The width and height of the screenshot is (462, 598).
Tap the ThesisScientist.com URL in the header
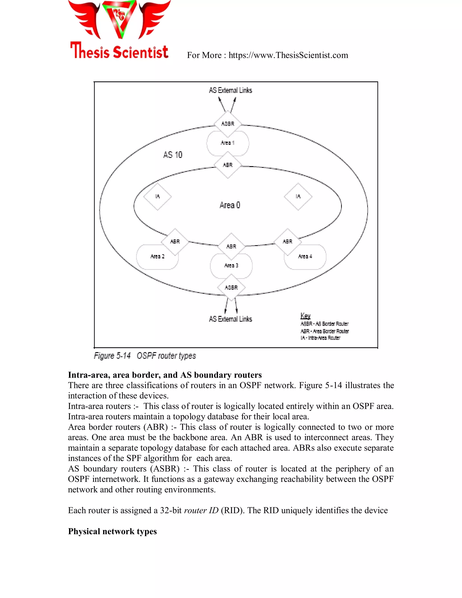click(288, 55)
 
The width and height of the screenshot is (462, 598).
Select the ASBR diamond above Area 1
click(228, 124)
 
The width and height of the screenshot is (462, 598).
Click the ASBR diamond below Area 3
click(231, 287)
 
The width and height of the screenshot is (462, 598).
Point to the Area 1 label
click(227, 143)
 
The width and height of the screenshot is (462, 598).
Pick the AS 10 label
click(173, 155)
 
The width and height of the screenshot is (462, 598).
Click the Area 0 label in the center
click(230, 205)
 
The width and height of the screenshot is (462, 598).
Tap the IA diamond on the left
click(157, 196)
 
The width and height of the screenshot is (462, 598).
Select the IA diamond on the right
click(298, 196)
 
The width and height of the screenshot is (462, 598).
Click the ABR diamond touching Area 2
click(175, 241)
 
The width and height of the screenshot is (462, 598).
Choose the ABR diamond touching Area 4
click(287, 241)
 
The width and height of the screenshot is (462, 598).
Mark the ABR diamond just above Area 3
click(231, 246)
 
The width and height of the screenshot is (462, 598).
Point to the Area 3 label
click(231, 265)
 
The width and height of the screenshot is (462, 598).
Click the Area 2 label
click(157, 256)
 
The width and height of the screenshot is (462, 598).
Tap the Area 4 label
click(305, 256)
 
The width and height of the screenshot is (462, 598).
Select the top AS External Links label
click(231, 90)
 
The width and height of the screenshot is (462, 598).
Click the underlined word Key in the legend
click(305, 316)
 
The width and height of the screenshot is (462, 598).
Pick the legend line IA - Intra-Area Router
click(320, 338)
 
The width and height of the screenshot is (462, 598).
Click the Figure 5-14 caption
click(145, 356)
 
